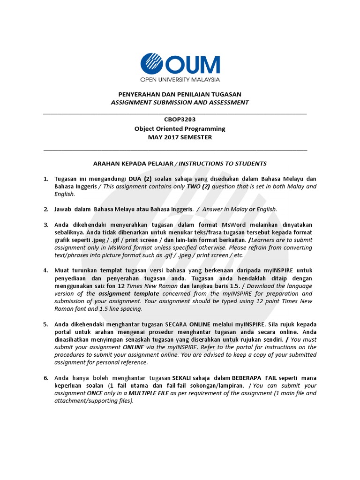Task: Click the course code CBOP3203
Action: (180, 120)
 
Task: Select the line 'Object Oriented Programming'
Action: (180, 128)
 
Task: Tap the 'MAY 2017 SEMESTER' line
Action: (180, 137)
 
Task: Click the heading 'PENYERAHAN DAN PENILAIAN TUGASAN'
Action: (180, 94)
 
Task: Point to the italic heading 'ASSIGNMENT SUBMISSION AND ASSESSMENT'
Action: (180, 102)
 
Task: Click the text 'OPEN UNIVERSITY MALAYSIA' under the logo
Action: (180, 80)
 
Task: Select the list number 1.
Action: (46, 179)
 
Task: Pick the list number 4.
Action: (46, 270)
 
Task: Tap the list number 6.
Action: (46, 378)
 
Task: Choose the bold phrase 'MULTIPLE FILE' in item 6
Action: (149, 393)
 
